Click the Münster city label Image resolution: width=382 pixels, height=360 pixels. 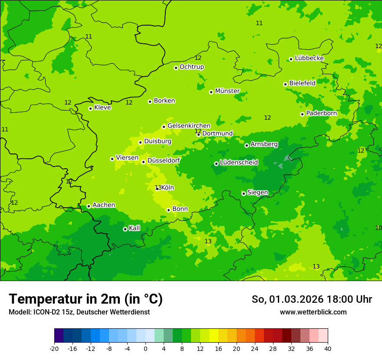[227, 91]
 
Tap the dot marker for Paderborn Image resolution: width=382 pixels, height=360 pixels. [302, 114]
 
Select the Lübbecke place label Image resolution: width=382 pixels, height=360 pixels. [309, 58]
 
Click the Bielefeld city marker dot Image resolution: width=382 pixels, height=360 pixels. [285, 84]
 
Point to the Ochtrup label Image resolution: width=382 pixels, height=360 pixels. [191, 67]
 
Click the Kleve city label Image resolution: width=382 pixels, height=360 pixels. [102, 108]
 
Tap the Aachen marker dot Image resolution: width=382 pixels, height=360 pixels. [89, 206]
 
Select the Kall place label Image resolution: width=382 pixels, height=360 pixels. [134, 228]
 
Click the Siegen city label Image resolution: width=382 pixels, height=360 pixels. [257, 193]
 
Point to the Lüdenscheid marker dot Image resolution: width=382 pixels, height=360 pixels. [216, 164]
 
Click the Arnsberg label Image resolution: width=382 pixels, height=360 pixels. [264, 144]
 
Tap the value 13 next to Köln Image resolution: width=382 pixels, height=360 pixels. [158, 188]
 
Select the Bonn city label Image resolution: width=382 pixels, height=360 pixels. [180, 209]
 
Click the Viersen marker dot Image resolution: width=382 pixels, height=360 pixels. [112, 159]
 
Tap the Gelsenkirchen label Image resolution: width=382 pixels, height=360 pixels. [189, 126]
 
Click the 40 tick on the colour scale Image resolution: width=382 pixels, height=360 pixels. [327, 348]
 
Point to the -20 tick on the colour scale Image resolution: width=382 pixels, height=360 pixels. [54, 348]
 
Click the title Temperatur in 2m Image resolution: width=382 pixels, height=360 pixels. [86, 299]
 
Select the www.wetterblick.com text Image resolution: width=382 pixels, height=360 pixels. [313, 312]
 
